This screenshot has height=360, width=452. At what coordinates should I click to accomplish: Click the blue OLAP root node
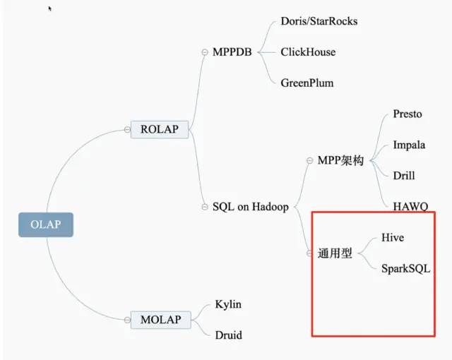[x=45, y=224]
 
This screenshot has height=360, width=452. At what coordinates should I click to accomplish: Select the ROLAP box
[x=160, y=129]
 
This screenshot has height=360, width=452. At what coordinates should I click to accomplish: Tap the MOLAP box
[x=160, y=320]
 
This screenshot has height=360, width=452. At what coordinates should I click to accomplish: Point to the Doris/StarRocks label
[x=319, y=21]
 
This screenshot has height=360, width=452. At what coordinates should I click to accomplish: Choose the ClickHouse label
[x=308, y=52]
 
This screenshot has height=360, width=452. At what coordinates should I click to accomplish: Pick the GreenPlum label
[x=307, y=83]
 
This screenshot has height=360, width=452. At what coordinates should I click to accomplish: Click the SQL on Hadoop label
[x=250, y=207]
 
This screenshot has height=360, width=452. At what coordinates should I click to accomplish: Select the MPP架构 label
[x=340, y=161]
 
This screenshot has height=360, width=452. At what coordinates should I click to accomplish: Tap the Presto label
[x=408, y=114]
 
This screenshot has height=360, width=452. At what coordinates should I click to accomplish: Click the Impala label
[x=409, y=145]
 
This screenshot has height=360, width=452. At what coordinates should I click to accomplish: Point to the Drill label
[x=404, y=176]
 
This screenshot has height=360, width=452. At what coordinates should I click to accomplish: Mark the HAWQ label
[x=410, y=206]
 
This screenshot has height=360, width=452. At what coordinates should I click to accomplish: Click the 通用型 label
[x=335, y=253]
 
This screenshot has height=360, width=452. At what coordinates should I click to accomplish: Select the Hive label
[x=393, y=238]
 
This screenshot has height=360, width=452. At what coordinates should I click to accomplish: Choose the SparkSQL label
[x=405, y=269]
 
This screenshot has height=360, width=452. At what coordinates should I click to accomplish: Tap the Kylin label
[x=228, y=304]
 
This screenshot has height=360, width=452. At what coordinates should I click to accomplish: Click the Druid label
[x=228, y=335]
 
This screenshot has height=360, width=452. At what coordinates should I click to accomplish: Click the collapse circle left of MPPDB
[x=205, y=52]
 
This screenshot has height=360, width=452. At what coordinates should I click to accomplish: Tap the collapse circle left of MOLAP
[x=127, y=320]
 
